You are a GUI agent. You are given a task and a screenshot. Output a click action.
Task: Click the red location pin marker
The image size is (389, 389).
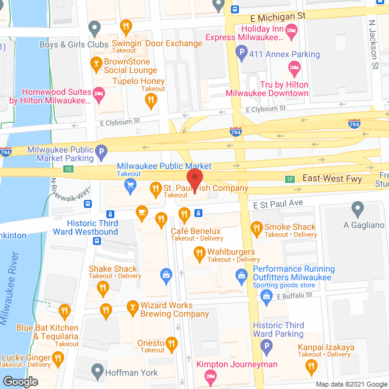[x=194, y=181]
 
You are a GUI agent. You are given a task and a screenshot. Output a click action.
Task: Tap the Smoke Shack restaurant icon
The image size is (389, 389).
[x=256, y=228]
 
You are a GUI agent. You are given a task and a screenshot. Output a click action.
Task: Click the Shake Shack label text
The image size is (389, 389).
[x=113, y=269]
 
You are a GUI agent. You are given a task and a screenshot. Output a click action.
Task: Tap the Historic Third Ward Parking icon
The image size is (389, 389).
[x=266, y=347]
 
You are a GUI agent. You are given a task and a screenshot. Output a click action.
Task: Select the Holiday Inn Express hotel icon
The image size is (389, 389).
[x=291, y=29]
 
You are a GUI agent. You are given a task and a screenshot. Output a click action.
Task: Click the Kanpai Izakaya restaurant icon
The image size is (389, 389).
[x=312, y=365]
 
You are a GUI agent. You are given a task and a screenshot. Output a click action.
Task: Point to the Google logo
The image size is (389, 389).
[x=20, y=381]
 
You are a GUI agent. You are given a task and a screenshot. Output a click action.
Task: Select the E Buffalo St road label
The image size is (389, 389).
[x=294, y=295]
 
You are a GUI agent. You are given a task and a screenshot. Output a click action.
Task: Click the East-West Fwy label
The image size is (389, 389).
[x=325, y=179]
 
